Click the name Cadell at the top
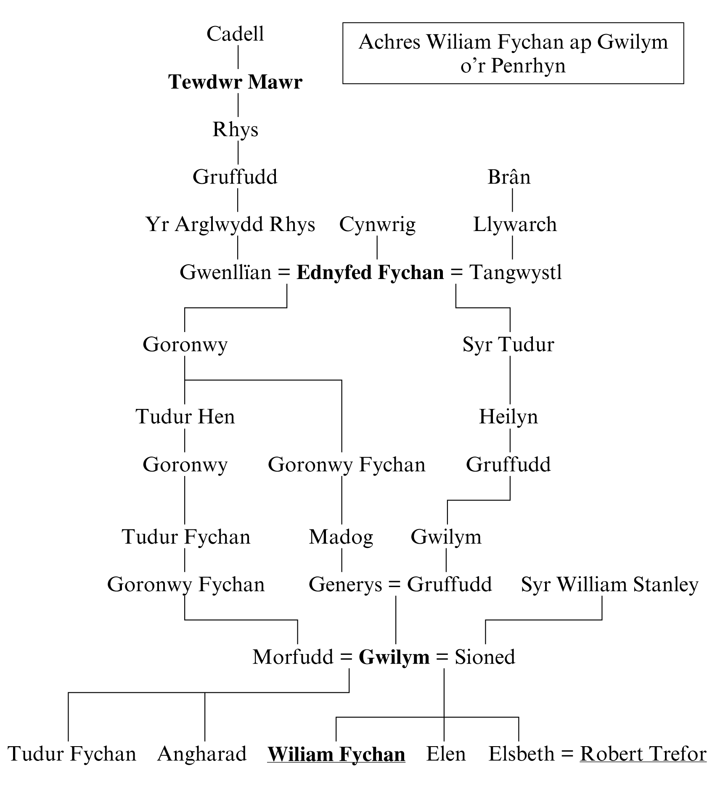(235, 34)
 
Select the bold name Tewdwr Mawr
(235, 82)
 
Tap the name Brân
(509, 177)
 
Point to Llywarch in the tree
(515, 224)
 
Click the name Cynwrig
(377, 224)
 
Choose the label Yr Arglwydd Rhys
(230, 224)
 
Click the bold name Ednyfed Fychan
(370, 272)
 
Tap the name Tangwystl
(516, 272)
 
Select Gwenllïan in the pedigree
(225, 272)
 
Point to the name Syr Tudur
(508, 344)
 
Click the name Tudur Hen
(185, 417)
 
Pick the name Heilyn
(508, 417)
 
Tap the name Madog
(341, 537)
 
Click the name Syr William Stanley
(609, 585)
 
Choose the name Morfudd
(293, 657)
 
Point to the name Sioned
(485, 657)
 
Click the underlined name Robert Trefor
(643, 754)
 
